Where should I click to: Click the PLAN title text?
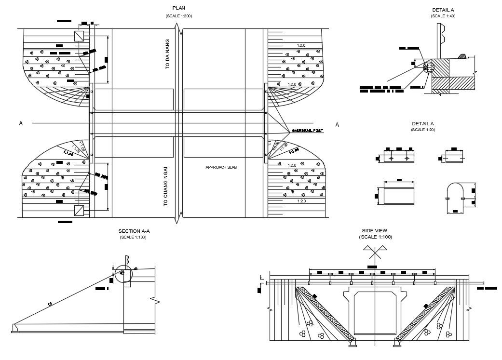click(178, 8)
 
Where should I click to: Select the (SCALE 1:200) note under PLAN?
click(178, 16)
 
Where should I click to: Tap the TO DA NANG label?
click(168, 54)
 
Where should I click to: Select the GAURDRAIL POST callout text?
click(307, 131)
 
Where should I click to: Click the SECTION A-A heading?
click(133, 231)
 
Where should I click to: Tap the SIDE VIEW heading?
click(374, 231)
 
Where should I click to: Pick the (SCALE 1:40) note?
click(443, 16)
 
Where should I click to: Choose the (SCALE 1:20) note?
click(423, 130)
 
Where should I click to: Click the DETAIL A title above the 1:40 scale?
click(443, 10)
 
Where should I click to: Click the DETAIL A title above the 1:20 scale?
click(423, 123)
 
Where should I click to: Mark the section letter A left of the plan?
click(21, 123)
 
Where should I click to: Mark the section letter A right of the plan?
click(337, 125)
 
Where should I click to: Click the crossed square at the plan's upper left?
click(79, 36)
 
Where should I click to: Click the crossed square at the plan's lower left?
click(79, 210)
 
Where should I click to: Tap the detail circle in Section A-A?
click(122, 273)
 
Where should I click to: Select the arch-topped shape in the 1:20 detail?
click(455, 197)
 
